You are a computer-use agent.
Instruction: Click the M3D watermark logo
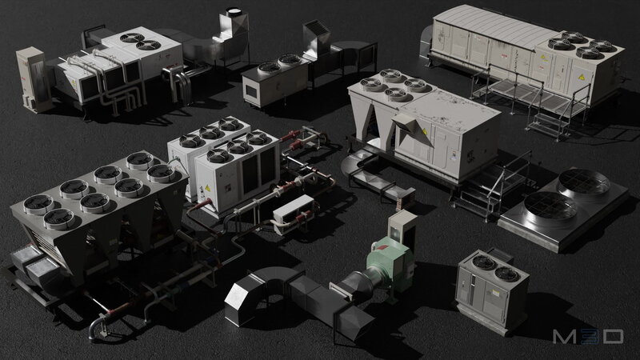[x=588, y=336]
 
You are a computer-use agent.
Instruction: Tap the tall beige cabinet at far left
[x=33, y=79]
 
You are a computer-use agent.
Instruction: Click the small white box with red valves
[x=293, y=214]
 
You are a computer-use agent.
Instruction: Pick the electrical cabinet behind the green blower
[x=402, y=229]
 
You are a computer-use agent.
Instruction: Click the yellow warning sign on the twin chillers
[x=207, y=188]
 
